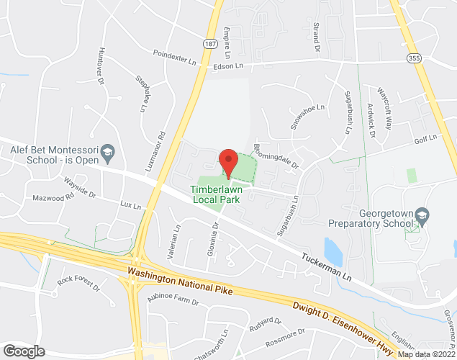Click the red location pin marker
228,162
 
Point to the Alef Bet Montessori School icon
107,151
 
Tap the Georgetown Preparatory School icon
422,215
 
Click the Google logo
24,351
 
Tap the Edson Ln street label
229,66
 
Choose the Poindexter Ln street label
174,57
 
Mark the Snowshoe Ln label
304,115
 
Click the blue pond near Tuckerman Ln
332,251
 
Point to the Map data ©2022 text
426,354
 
